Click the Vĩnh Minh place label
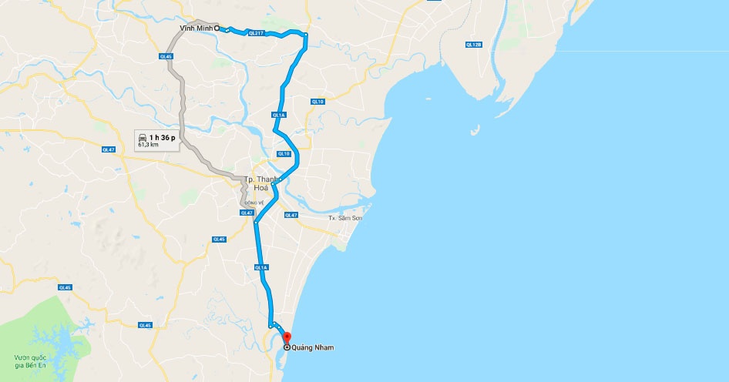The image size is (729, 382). (x=195, y=28)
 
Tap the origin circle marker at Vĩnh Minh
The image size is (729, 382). (x=217, y=28)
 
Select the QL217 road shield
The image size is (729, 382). (x=256, y=32)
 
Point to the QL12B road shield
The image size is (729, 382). (x=473, y=45)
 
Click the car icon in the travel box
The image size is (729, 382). (x=143, y=137)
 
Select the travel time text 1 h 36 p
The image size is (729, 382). (x=163, y=137)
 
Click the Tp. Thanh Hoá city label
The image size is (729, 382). (x=260, y=184)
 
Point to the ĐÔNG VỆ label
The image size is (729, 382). (x=256, y=203)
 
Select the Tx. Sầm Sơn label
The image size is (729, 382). (x=345, y=219)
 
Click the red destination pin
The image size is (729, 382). (x=287, y=337)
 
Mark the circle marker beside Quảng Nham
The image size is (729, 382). (x=287, y=348)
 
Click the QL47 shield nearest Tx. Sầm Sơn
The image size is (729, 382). (x=291, y=215)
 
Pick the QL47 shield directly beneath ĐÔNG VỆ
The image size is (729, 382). (x=247, y=213)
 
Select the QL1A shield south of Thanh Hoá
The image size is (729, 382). (x=260, y=268)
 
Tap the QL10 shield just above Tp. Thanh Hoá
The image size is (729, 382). (x=284, y=153)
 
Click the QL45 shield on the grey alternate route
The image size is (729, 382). (x=166, y=56)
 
